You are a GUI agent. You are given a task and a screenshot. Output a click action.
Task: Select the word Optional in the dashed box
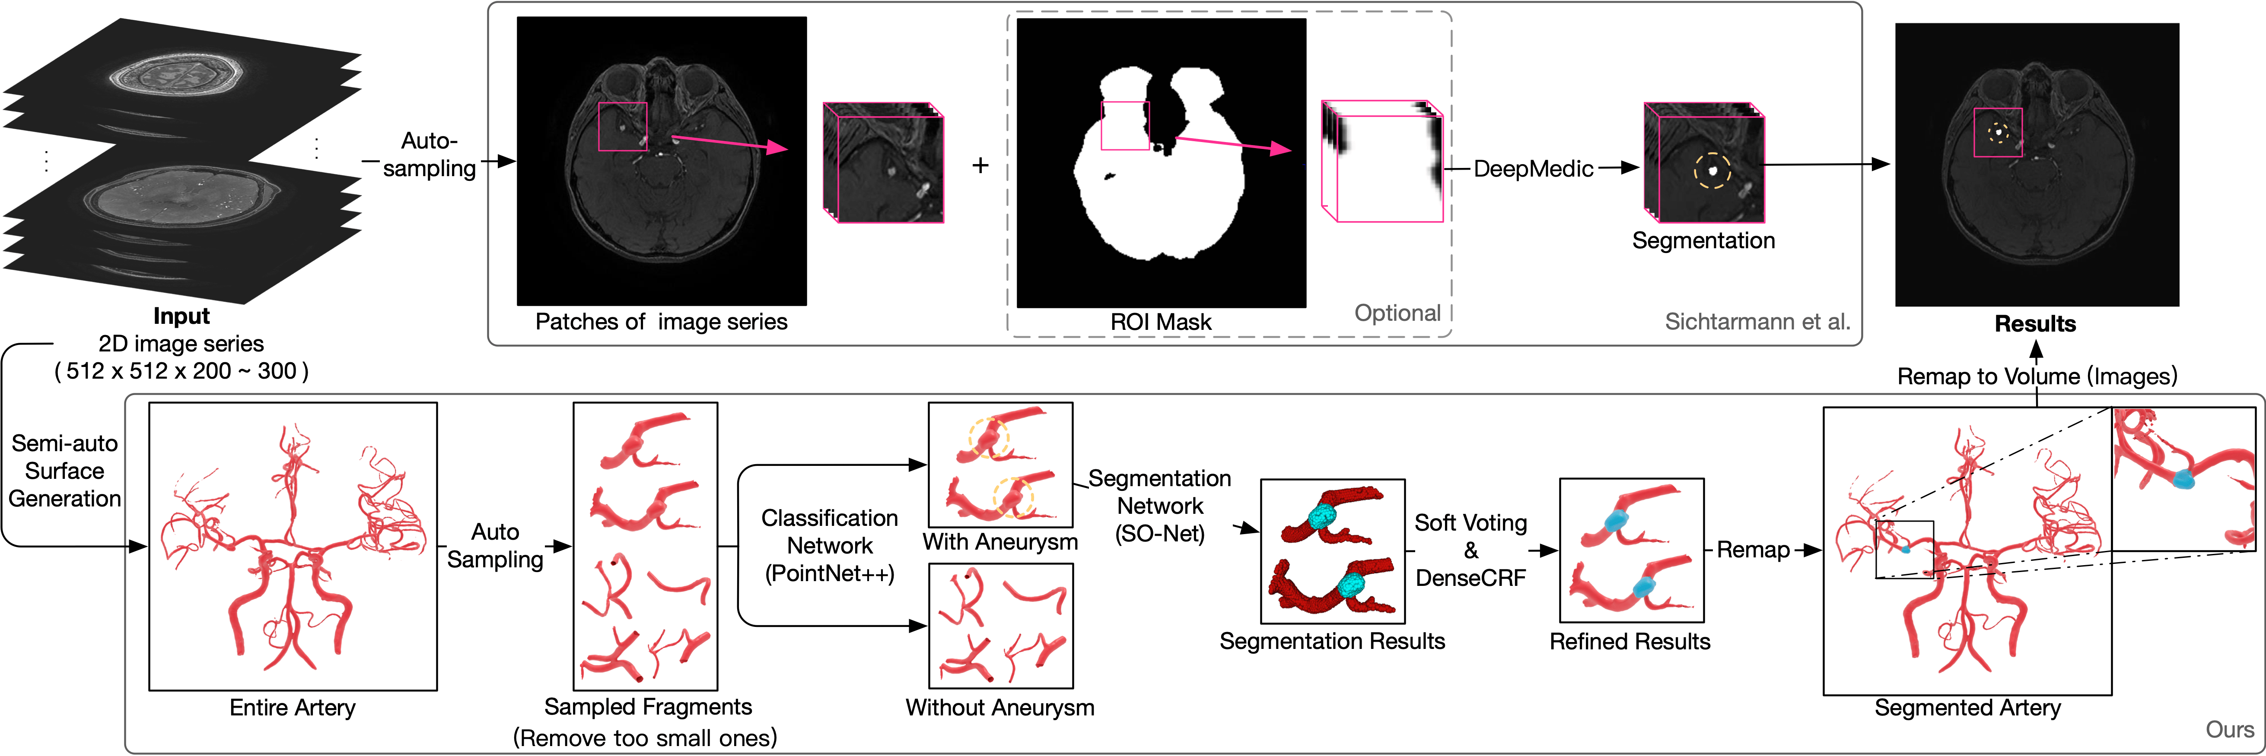1397,313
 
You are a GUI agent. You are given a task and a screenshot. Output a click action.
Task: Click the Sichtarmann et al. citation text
1757,322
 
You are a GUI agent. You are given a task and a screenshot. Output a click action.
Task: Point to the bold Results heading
2035,323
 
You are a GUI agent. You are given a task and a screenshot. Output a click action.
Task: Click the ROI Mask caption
1160,322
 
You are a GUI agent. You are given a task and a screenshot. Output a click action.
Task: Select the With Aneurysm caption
1000,541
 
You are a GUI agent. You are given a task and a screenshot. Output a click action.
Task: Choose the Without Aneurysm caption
1000,708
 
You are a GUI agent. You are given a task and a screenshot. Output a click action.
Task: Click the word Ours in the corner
2229,730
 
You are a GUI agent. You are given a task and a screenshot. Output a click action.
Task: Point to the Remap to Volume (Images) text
2037,376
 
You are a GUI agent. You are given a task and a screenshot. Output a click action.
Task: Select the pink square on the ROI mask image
1125,126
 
